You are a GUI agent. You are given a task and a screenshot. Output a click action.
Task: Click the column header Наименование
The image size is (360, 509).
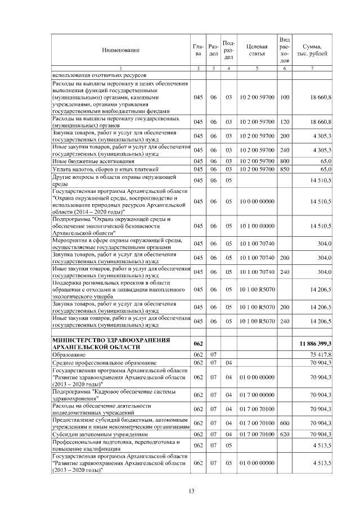pyautogui.click(x=120, y=50)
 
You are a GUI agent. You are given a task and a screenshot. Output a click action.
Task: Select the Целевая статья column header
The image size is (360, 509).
pyautogui.click(x=256, y=50)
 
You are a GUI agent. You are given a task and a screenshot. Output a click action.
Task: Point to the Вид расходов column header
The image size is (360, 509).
pyautogui.click(x=284, y=50)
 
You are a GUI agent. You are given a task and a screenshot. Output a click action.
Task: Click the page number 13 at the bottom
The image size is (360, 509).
pyautogui.click(x=191, y=492)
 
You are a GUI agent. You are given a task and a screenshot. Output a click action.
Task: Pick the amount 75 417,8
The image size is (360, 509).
pyautogui.click(x=319, y=355)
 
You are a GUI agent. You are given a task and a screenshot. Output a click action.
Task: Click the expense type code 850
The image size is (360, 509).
pyautogui.click(x=284, y=169)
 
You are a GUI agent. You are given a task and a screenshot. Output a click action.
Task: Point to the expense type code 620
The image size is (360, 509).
pyautogui.click(x=284, y=434)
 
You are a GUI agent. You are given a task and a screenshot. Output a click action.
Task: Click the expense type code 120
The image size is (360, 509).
pyautogui.click(x=284, y=122)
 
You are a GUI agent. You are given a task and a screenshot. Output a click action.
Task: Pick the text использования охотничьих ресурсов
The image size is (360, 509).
pyautogui.click(x=98, y=75)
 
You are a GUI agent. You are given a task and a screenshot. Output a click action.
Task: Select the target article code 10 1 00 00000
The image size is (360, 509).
pyautogui.click(x=256, y=226)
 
